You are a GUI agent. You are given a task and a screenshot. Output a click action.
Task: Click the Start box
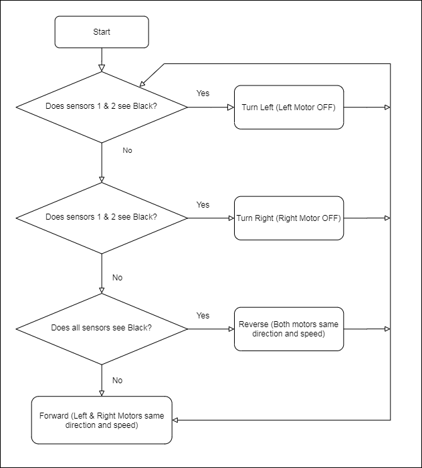click(102, 32)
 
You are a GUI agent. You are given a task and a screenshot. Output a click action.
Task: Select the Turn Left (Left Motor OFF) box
click(289, 107)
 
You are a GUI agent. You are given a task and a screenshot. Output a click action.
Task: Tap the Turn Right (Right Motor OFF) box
click(289, 218)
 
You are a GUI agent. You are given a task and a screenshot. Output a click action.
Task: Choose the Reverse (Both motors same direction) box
click(289, 329)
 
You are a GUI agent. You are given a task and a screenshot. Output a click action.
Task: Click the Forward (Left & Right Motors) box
click(102, 420)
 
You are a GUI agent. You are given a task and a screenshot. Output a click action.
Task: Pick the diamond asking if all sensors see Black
click(102, 329)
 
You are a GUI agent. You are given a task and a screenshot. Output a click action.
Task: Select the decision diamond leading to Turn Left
click(102, 107)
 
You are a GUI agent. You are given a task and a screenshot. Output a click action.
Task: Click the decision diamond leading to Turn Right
click(102, 218)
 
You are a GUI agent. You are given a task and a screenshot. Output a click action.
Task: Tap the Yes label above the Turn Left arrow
click(203, 93)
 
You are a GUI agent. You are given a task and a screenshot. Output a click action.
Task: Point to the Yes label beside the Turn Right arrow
click(203, 205)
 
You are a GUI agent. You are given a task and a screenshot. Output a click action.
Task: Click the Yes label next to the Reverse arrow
click(203, 316)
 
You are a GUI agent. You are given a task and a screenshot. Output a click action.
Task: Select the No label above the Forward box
click(117, 381)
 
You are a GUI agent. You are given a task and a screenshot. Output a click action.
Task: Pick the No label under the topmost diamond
click(128, 150)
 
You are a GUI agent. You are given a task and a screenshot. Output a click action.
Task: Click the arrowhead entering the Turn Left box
click(231, 107)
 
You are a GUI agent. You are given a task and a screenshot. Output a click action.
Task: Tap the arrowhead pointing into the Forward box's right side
click(176, 420)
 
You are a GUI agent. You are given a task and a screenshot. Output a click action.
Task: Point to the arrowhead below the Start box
click(102, 67)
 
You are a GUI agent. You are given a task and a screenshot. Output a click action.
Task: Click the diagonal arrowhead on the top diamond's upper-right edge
click(142, 84)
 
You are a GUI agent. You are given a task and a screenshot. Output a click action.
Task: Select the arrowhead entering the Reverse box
click(231, 329)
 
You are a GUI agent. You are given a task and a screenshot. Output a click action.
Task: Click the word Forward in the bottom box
click(54, 416)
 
